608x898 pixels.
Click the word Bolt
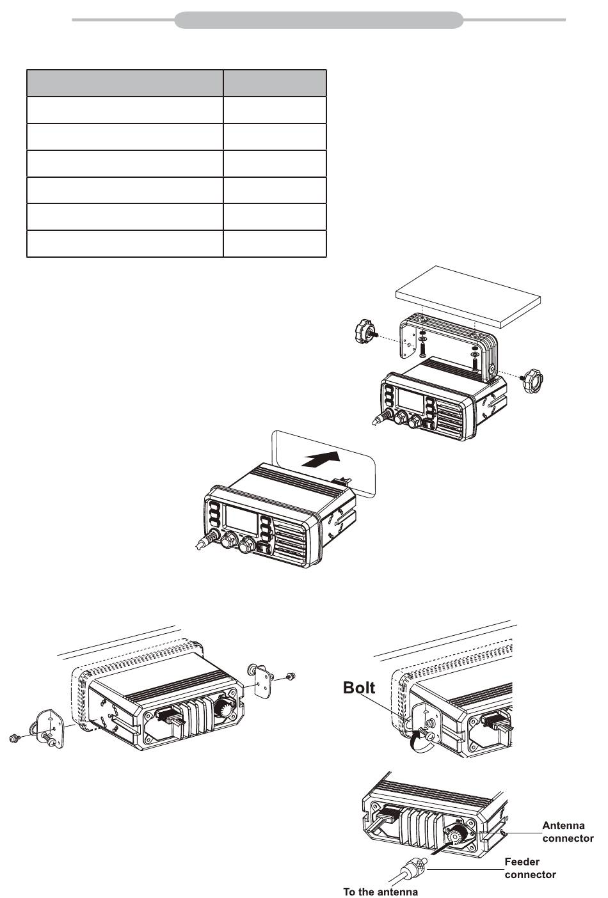[358, 688]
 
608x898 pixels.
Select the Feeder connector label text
[530, 868]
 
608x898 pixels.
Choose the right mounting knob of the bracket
[532, 379]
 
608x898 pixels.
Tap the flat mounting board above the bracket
[468, 296]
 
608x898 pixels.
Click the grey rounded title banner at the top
[319, 20]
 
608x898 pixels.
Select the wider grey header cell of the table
[125, 83]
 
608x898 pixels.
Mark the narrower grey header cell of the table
[275, 83]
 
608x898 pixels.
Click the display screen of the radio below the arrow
[241, 519]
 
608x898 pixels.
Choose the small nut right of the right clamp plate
[289, 677]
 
